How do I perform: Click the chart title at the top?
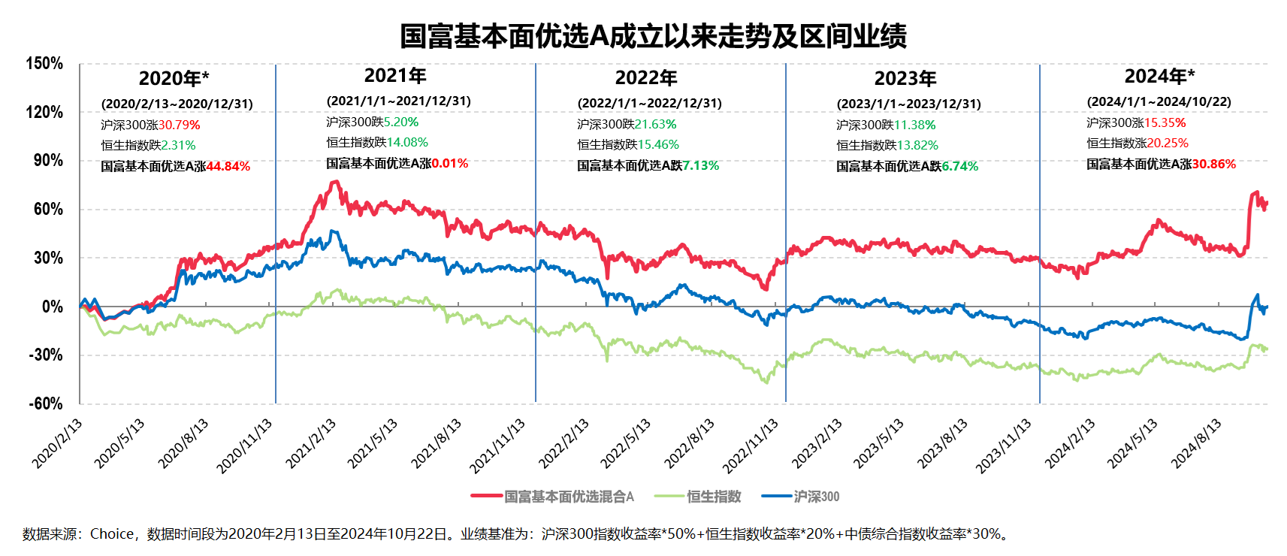tap(653, 36)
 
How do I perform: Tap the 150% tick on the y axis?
tap(45, 64)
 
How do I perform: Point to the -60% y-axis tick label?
tap(45, 403)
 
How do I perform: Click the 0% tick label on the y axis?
tap(52, 307)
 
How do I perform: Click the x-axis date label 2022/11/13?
tap(751, 446)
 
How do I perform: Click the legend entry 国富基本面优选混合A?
tap(569, 497)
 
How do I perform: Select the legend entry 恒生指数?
tap(714, 497)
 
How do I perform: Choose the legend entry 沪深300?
tap(817, 497)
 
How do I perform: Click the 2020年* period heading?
tap(174, 78)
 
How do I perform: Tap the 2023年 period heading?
tap(905, 78)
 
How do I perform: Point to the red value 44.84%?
tap(228, 166)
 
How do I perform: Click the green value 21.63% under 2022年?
tap(655, 124)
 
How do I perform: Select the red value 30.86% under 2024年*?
tap(1213, 164)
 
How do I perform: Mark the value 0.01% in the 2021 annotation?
tap(450, 163)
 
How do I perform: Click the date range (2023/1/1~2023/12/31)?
tap(909, 104)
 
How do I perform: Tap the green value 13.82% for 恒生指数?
tap(917, 145)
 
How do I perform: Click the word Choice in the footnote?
tap(112, 534)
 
